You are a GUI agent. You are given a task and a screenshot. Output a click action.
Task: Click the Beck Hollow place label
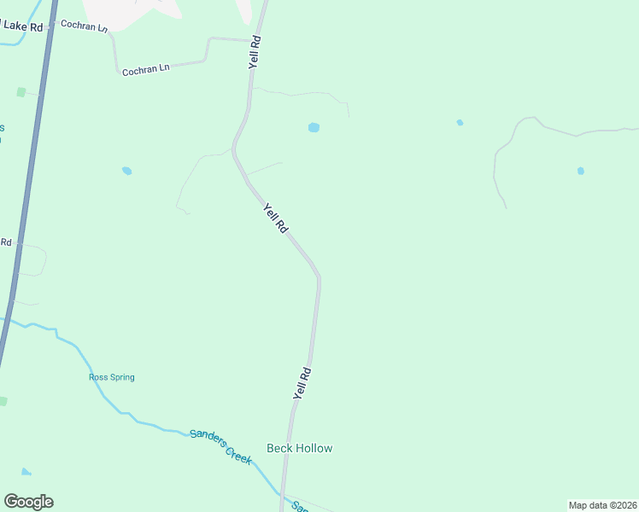point(299,448)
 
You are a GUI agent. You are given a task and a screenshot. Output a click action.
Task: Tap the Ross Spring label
point(112,377)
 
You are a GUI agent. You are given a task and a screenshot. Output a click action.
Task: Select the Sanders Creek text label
point(220,445)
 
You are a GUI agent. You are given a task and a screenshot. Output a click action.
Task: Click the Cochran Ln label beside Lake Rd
point(85,26)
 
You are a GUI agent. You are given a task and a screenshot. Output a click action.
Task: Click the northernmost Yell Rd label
point(254,52)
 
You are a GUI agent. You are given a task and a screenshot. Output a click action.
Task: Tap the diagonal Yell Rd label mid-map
point(275,218)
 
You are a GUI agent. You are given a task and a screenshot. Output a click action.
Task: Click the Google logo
point(28,502)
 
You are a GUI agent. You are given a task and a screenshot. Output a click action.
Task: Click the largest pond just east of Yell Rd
point(314,128)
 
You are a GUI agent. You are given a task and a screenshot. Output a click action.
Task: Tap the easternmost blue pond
point(581,171)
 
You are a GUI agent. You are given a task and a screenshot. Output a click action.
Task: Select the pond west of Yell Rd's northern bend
point(126,171)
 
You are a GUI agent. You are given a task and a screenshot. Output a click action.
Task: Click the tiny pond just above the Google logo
point(26,472)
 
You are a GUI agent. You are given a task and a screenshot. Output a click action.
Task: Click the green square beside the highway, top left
point(21,91)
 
